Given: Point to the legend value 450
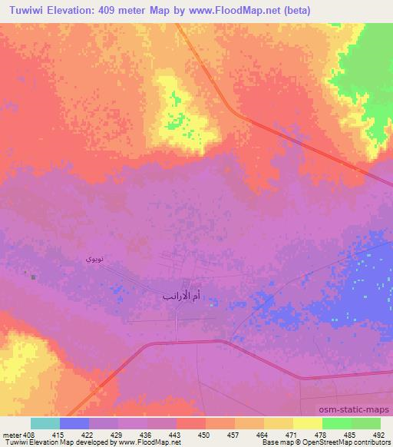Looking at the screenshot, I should pos(204,434).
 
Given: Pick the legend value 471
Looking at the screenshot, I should pos(292,434).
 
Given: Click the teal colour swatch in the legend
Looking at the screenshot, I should pos(45,423).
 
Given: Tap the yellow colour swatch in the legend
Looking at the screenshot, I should pos(307,423).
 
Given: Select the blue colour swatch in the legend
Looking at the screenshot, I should pos(74,423).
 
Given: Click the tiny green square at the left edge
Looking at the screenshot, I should pos(33,276).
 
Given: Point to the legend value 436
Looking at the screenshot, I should pos(146,434).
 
